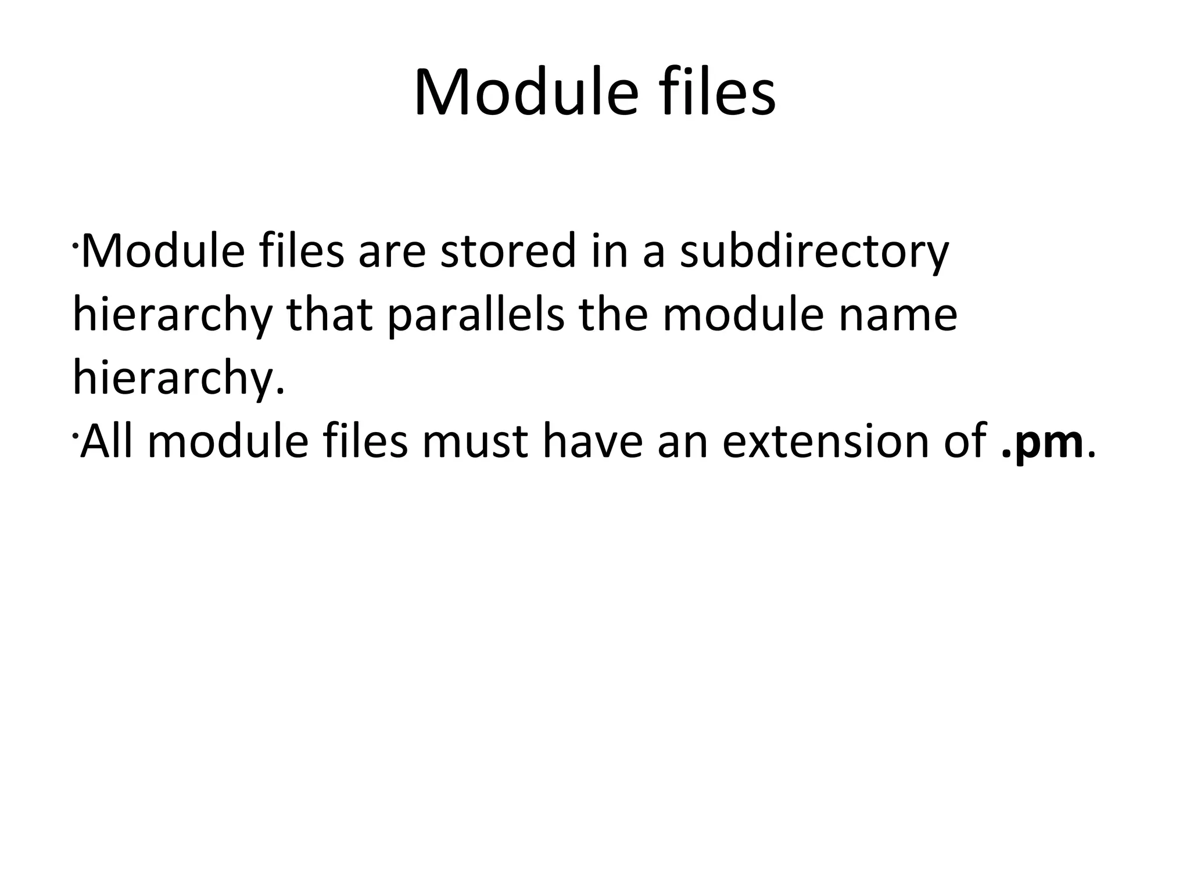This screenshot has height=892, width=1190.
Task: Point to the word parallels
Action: [475, 316]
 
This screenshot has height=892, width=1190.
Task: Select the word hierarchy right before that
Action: [172, 317]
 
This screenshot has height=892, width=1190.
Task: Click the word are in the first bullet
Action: [392, 252]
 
